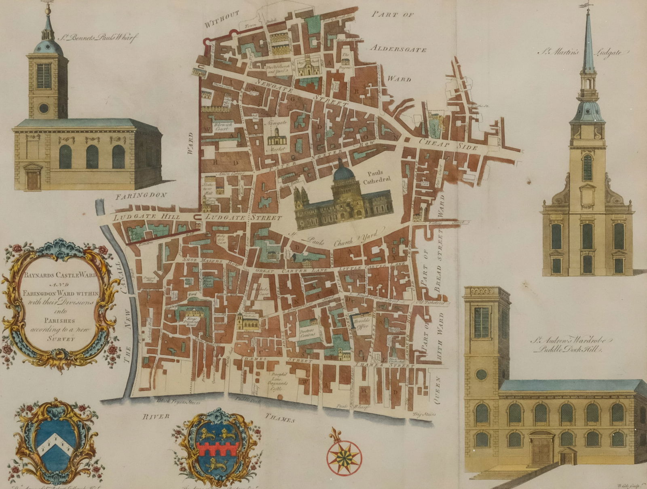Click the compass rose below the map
click(345, 456)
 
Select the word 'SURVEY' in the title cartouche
click(61, 339)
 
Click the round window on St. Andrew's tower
click(481, 374)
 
